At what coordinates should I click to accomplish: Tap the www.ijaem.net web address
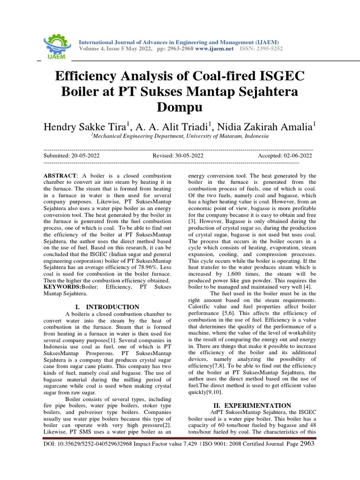point(214,49)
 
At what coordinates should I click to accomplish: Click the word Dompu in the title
point(180,107)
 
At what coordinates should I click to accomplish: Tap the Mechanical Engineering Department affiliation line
point(180,136)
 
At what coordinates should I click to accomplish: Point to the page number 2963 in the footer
point(307,442)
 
